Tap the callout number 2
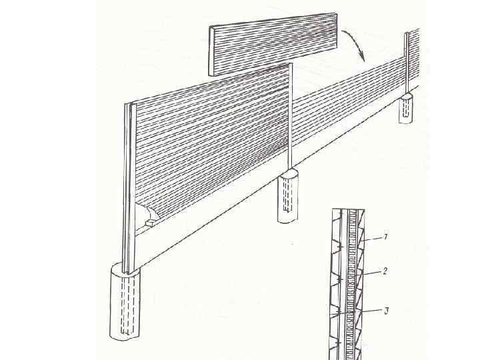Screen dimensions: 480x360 [385, 272]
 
